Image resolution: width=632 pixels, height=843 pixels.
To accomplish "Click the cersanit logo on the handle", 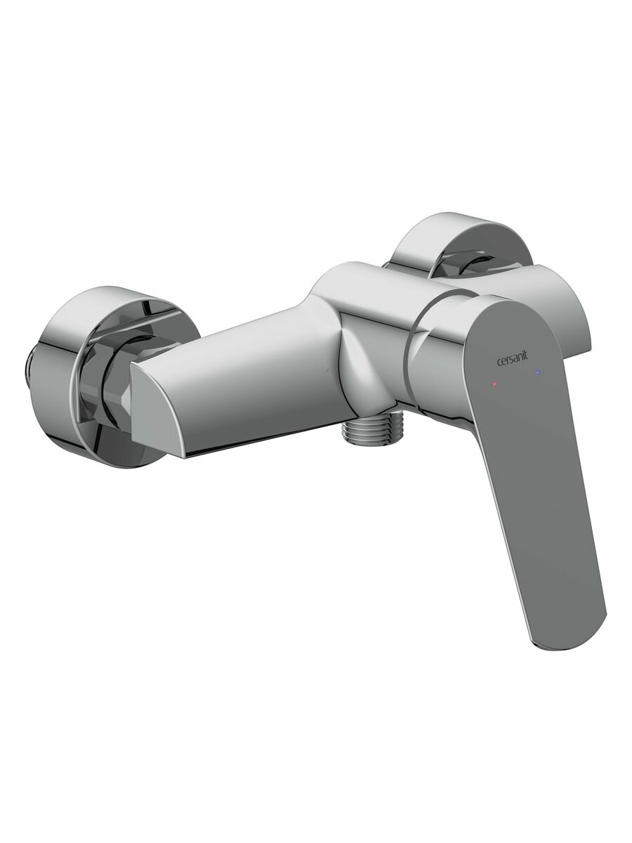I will pyautogui.click(x=515, y=361).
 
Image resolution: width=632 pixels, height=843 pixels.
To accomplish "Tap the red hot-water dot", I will pyautogui.click(x=496, y=384).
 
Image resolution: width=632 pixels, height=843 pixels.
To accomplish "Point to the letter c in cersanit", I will pyautogui.click(x=499, y=363).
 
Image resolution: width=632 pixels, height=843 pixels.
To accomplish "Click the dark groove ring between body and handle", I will pyautogui.click(x=419, y=351).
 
